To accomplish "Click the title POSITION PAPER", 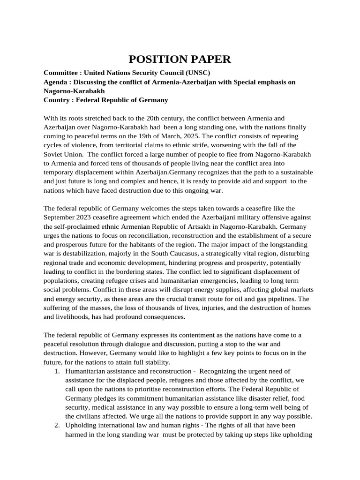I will point(180,59).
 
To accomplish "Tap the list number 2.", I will point(57,425).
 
